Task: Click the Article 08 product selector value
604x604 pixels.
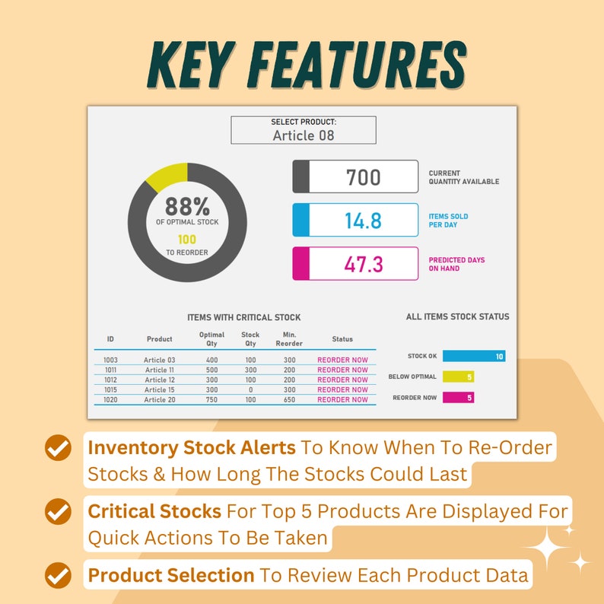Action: (x=303, y=135)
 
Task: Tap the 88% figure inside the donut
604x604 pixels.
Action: (x=187, y=206)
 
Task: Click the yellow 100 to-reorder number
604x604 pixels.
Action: (x=186, y=240)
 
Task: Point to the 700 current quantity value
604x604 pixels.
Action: (x=363, y=177)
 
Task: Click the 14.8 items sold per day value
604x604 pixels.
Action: (x=363, y=221)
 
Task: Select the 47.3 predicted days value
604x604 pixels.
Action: (x=363, y=264)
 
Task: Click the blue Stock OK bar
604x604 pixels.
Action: (x=473, y=356)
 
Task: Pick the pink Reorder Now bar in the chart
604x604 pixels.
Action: (x=458, y=397)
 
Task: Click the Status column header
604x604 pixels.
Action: (x=342, y=339)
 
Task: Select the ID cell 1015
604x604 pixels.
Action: (x=111, y=389)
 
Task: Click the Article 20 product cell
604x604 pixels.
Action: (x=160, y=399)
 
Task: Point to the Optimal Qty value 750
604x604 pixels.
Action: (x=211, y=399)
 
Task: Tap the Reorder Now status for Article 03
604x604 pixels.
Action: (x=342, y=360)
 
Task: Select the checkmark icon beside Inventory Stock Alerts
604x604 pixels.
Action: (x=58, y=449)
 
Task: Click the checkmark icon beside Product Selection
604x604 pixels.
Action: (x=58, y=576)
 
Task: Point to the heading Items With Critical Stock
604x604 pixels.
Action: (x=243, y=317)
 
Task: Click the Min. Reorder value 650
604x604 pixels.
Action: (x=289, y=399)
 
